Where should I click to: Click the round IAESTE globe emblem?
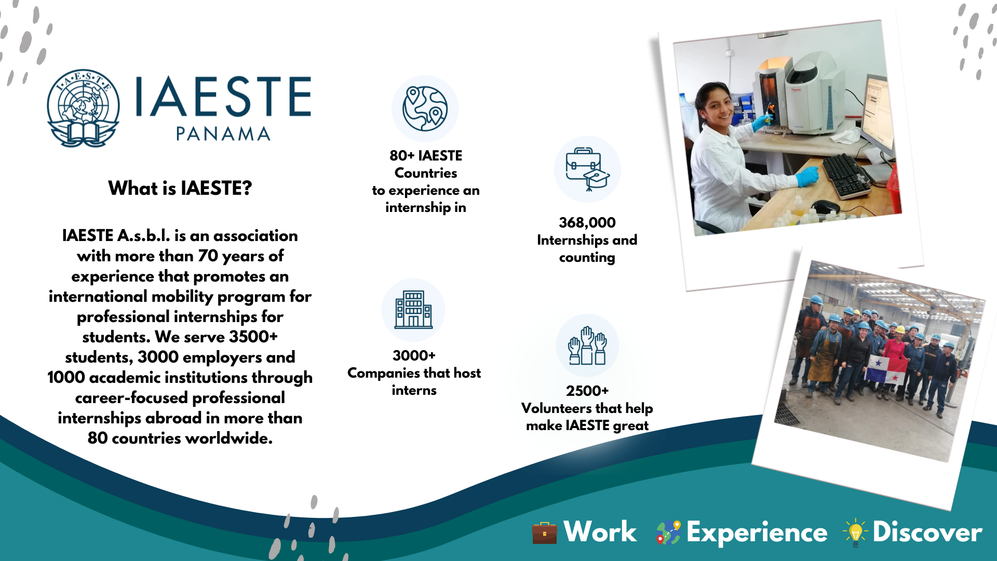click(83, 108)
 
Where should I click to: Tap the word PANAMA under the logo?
click(223, 134)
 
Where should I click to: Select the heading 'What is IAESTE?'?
click(180, 188)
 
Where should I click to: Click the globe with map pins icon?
click(425, 109)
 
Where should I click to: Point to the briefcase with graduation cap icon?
click(587, 169)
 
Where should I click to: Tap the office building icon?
click(413, 310)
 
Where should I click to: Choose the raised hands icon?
click(587, 345)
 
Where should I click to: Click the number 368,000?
click(587, 223)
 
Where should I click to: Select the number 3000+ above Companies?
click(414, 356)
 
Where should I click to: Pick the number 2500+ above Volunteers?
click(587, 391)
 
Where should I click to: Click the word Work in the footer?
click(600, 532)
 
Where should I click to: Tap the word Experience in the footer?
click(757, 533)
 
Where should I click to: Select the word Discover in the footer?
click(927, 532)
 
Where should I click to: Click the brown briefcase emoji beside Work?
click(545, 533)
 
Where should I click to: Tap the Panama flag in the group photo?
click(887, 370)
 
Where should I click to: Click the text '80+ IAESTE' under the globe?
click(426, 156)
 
